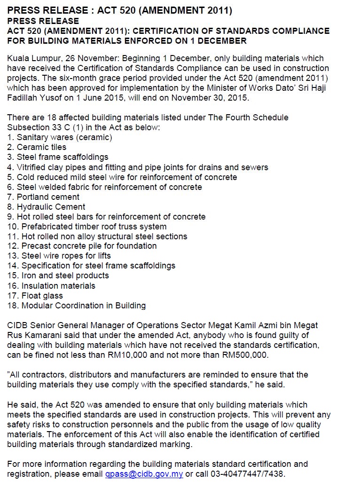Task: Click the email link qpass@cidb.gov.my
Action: pos(144,474)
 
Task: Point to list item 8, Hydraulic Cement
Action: pos(46,207)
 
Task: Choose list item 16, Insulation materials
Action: pos(51,286)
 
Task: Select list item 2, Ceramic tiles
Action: pos(37,147)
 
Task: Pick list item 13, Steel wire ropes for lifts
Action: pos(59,256)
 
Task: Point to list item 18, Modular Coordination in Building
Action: pos(77,306)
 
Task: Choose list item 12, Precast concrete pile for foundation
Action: pos(82,246)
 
